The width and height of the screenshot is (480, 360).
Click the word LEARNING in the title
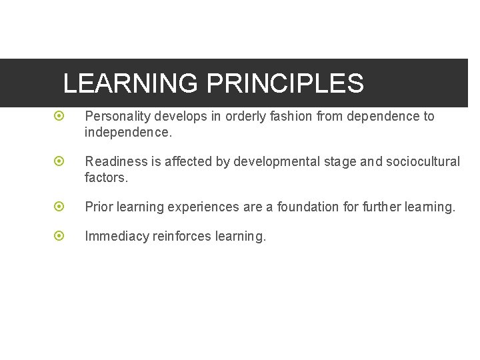(131, 84)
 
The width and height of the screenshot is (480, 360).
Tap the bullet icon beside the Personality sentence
(59, 116)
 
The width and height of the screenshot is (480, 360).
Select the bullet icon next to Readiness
(59, 161)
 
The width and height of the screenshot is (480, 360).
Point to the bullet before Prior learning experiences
(59, 207)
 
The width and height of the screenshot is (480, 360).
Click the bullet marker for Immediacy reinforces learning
(59, 236)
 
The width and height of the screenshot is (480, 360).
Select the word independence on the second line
(127, 133)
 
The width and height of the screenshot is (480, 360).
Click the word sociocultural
(423, 162)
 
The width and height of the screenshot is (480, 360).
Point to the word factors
(105, 178)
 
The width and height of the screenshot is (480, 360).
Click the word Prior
(98, 207)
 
